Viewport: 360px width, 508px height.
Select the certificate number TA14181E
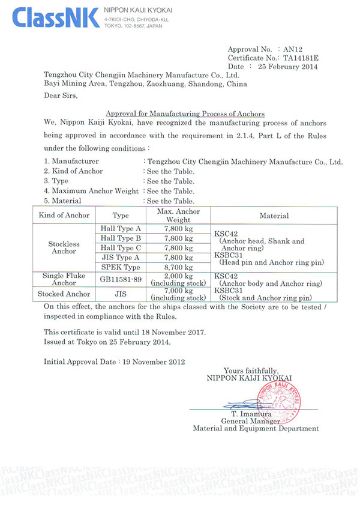(302, 58)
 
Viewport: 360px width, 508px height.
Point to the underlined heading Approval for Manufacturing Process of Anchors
(185, 113)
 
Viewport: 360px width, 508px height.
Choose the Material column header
(274, 216)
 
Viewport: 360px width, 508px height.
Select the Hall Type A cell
(121, 229)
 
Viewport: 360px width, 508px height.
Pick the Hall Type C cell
(121, 248)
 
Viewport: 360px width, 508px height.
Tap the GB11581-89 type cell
(121, 279)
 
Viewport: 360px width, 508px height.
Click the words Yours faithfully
(251, 370)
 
